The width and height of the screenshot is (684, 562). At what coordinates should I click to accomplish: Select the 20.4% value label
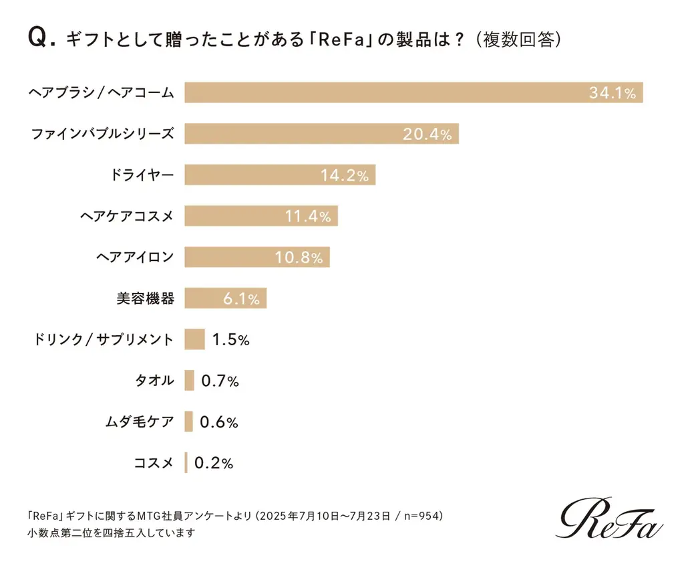(427, 134)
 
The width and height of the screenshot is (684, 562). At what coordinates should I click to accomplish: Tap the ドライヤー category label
(142, 175)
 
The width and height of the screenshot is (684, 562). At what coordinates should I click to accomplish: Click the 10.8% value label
(299, 257)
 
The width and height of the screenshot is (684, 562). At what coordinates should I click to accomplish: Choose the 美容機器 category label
(145, 298)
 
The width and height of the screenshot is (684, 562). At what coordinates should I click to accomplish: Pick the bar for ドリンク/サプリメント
(194, 339)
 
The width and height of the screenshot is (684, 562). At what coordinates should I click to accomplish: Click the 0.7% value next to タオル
(220, 381)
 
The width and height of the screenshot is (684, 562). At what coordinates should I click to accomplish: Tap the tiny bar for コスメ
(186, 462)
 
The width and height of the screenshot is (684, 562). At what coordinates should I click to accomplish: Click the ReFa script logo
(611, 520)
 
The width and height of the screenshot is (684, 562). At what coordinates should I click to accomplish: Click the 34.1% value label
(612, 93)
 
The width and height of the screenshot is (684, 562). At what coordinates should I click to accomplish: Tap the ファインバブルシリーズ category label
(102, 134)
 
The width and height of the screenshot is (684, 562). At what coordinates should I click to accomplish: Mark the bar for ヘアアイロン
(257, 257)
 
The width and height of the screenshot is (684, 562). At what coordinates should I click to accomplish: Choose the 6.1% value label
(240, 299)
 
